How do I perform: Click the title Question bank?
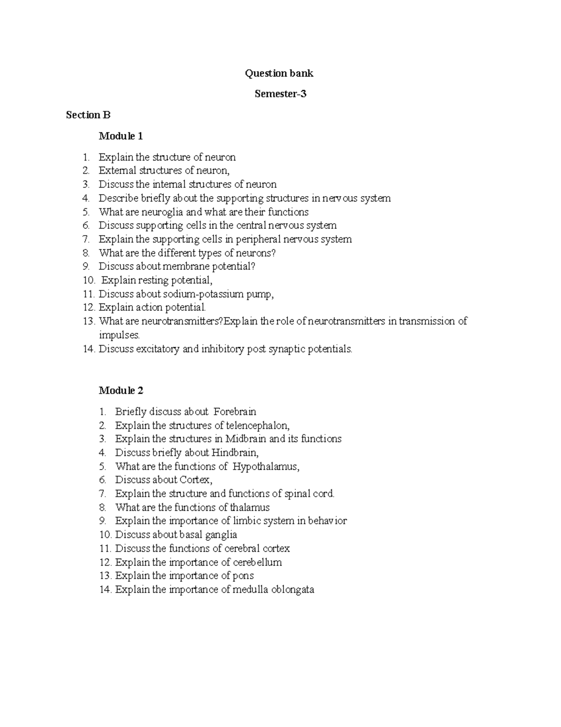(280, 73)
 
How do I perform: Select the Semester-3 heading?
(280, 94)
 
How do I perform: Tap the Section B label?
(88, 115)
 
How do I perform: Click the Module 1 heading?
(121, 136)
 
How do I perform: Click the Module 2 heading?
(121, 390)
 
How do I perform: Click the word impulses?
(119, 335)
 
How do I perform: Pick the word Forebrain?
(235, 411)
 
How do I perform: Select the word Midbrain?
(246, 439)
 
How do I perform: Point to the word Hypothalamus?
(265, 466)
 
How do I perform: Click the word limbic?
(246, 521)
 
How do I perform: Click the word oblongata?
(293, 589)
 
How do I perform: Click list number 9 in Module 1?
(86, 266)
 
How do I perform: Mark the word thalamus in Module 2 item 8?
(250, 507)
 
